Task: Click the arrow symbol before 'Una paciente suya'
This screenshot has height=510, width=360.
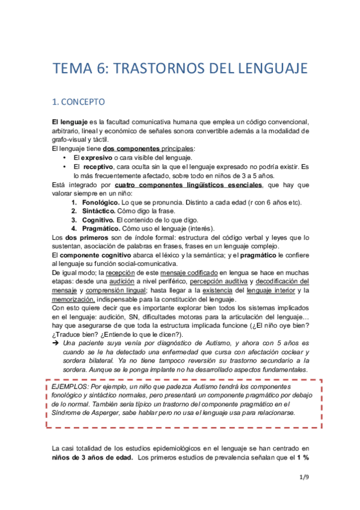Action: (56, 343)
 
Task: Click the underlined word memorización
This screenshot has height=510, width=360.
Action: (73, 300)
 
